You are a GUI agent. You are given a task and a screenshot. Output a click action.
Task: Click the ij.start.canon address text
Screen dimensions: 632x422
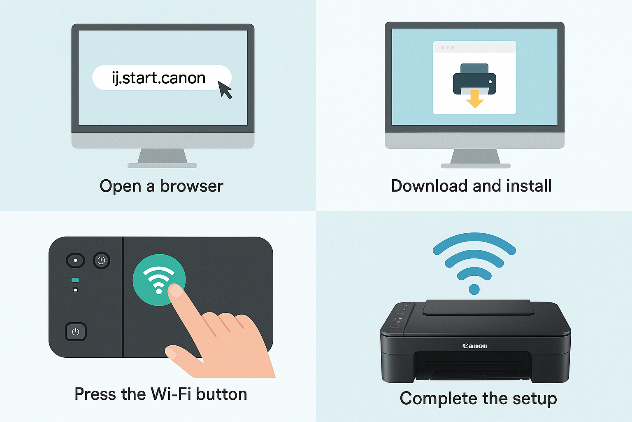pyautogui.click(x=158, y=78)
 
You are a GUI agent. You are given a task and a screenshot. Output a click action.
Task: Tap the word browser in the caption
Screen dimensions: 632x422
pyautogui.click(x=192, y=186)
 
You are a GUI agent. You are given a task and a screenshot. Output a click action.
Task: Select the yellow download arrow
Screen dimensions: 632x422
pyautogui.click(x=474, y=99)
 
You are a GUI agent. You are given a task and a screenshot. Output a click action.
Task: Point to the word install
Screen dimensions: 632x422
pyautogui.click(x=529, y=186)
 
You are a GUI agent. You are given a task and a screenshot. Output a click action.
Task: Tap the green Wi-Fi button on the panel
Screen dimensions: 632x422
pyautogui.click(x=159, y=279)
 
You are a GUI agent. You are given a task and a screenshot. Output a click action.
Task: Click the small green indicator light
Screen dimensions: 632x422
pyautogui.click(x=75, y=280)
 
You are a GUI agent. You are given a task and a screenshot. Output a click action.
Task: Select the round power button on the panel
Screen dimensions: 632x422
pyautogui.click(x=101, y=260)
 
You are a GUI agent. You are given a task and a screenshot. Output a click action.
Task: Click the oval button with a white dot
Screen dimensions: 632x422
pyautogui.click(x=75, y=260)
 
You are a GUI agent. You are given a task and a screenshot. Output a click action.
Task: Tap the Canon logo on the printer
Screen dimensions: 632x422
pyautogui.click(x=475, y=346)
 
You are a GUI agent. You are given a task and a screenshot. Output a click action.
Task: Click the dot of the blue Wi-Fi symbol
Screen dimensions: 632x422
pyautogui.click(x=474, y=289)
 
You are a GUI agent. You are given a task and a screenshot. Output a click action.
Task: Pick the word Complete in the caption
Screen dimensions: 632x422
pyautogui.click(x=439, y=399)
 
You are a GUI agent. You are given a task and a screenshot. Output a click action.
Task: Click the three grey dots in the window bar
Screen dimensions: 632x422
pyautogui.click(x=447, y=47)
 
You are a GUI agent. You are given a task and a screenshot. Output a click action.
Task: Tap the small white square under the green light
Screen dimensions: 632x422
pyautogui.click(x=75, y=290)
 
